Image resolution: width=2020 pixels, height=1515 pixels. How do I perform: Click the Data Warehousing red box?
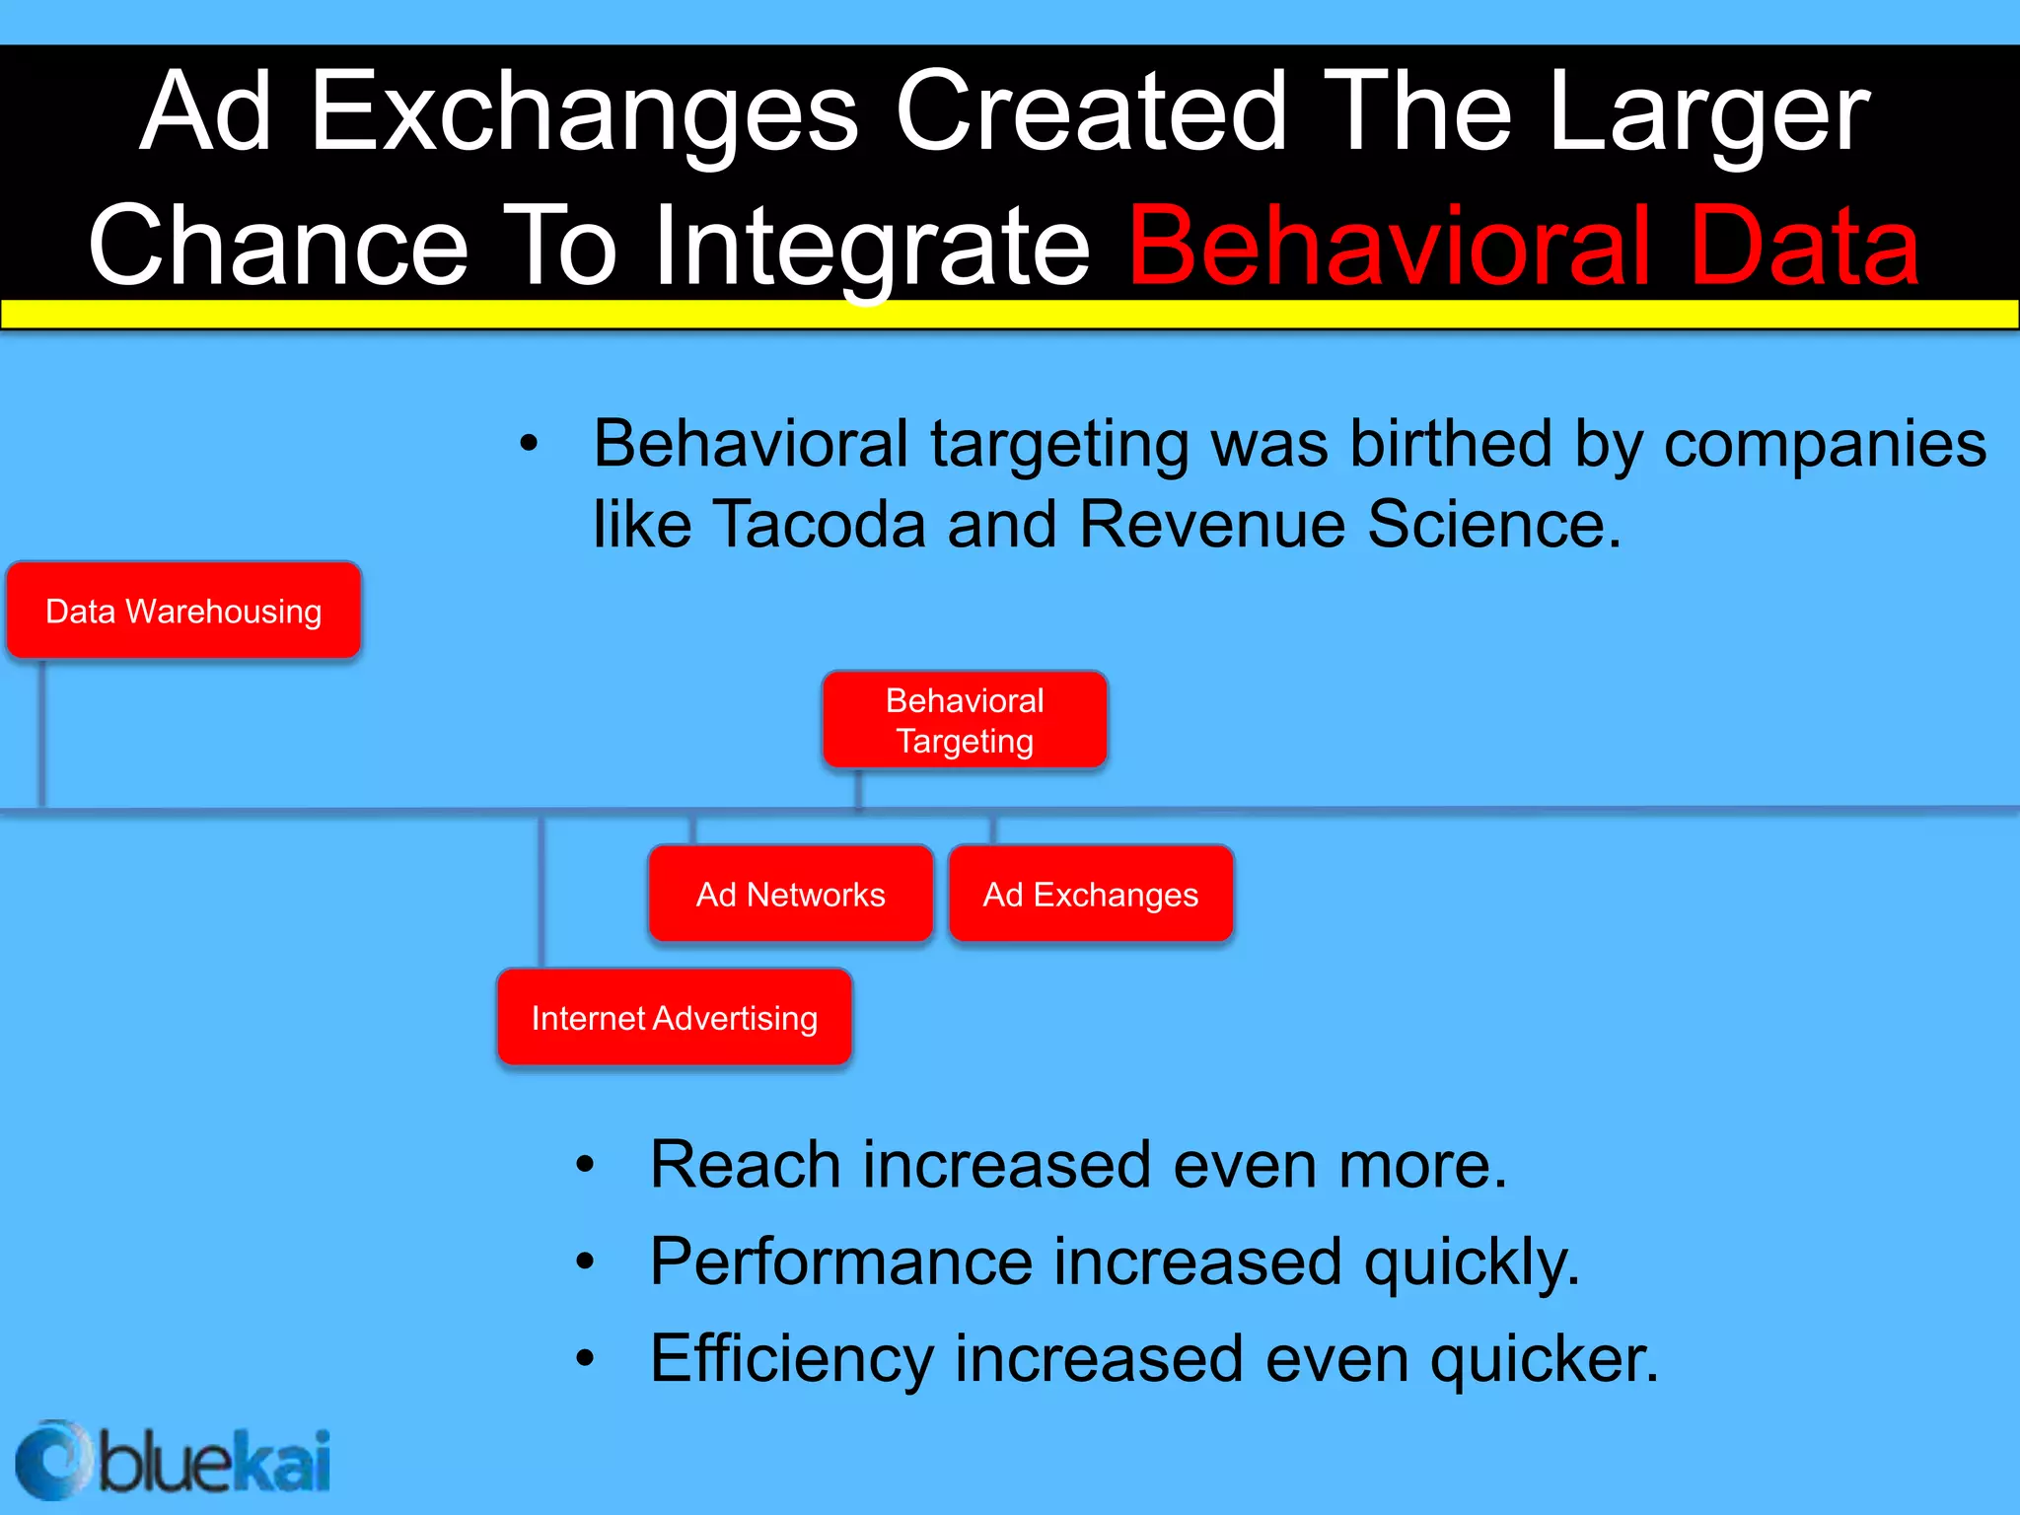tap(183, 611)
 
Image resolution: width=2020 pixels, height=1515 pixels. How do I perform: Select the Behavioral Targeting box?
tap(965, 720)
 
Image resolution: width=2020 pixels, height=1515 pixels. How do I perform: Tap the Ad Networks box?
tap(790, 894)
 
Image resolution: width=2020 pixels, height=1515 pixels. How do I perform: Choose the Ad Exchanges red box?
tap(1090, 894)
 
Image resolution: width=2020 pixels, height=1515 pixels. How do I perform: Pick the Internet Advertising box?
tap(674, 1017)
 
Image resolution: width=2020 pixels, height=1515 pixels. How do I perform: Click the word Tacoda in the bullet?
tap(818, 524)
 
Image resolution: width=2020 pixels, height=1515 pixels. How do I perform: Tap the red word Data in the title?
tap(1804, 246)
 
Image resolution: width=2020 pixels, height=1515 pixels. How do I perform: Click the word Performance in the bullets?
tap(839, 1262)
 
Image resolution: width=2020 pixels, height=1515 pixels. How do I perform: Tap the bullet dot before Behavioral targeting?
tap(530, 444)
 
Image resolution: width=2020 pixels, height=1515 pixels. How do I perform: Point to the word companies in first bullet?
tap(1825, 444)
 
